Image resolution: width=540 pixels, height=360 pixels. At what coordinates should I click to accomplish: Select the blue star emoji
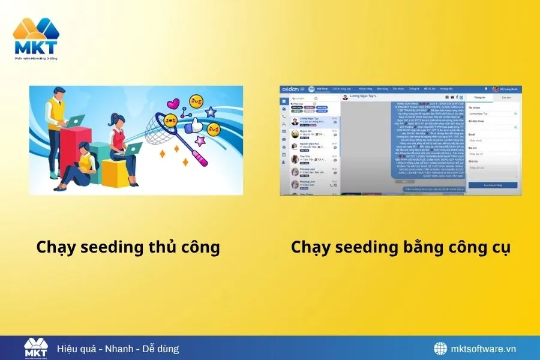[x=211, y=112]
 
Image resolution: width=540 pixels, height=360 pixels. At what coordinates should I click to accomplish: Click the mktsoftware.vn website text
[x=482, y=349]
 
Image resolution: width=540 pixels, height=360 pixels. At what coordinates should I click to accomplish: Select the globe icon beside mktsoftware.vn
[x=441, y=349]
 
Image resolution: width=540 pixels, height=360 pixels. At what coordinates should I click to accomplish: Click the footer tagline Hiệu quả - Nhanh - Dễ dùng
[x=118, y=349]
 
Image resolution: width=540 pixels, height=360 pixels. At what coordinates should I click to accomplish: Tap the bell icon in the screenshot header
[x=486, y=89]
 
